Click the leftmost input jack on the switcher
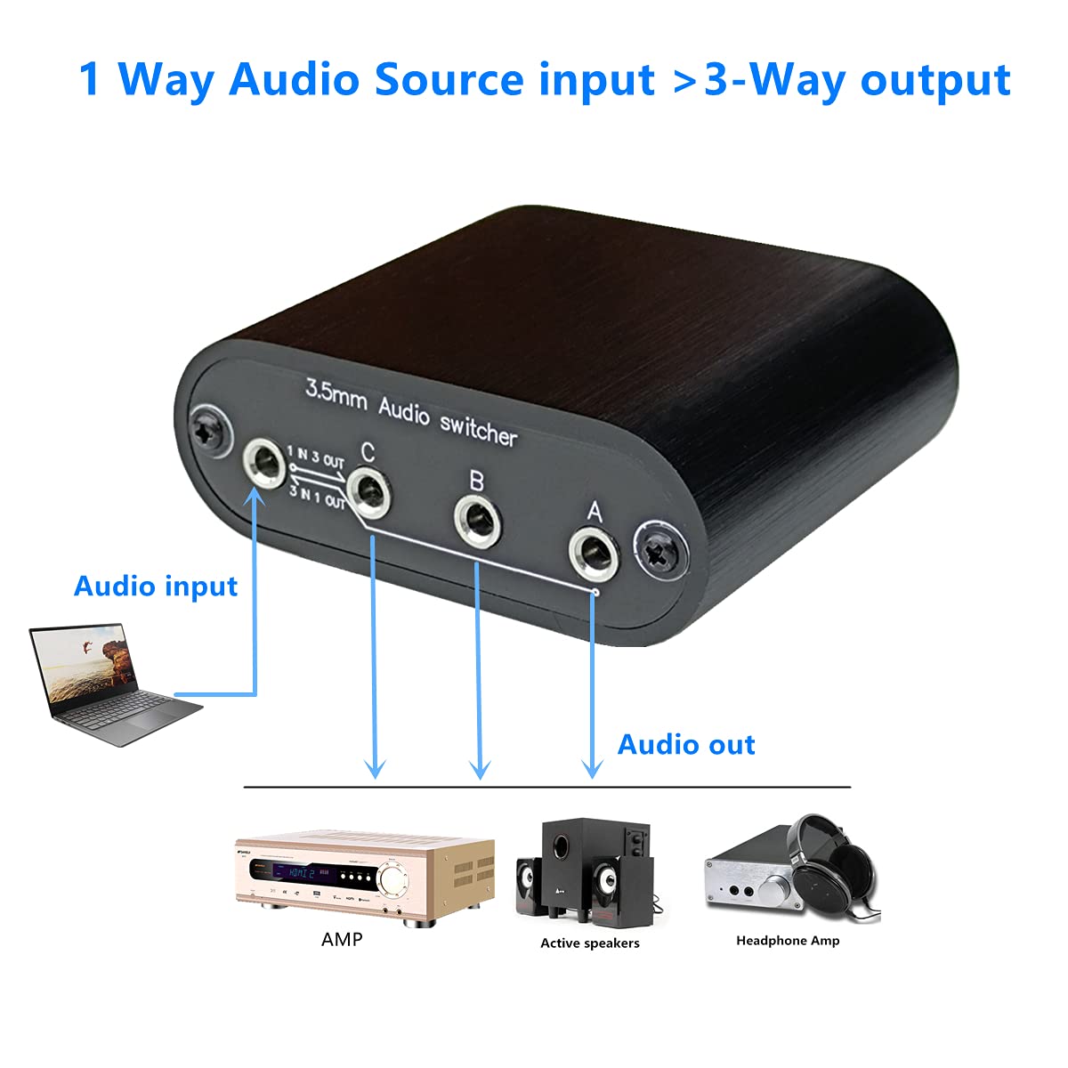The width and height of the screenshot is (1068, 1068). tap(263, 463)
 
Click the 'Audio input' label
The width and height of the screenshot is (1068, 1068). tap(156, 587)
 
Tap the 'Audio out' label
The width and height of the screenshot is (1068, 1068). tap(686, 744)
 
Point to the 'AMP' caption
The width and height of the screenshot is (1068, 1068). tap(342, 939)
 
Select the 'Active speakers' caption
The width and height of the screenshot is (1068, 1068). tap(590, 943)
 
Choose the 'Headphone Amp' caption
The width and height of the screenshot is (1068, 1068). tap(788, 940)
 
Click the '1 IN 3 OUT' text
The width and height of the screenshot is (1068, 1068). tap(316, 458)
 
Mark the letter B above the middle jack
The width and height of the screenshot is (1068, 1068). tap(476, 481)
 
